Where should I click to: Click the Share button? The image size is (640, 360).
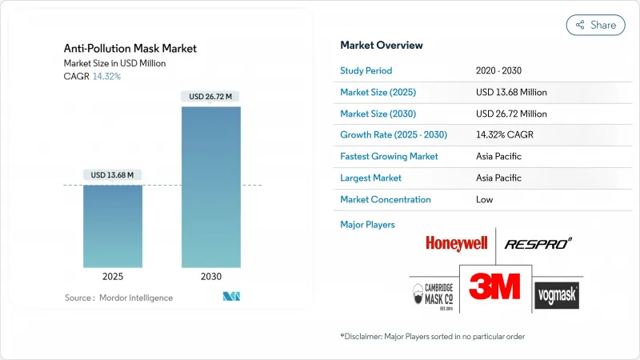point(595,25)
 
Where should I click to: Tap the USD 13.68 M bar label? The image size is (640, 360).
point(113,174)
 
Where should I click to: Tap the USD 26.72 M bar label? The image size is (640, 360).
point(210,97)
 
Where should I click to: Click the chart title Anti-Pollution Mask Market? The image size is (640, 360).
point(130,48)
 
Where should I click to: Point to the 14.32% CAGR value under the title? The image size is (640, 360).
point(106,76)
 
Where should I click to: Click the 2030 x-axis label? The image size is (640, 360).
point(210,276)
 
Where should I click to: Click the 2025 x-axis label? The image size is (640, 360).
point(113,276)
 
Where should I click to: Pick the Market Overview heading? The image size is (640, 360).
point(382,45)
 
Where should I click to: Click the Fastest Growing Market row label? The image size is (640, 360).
point(389,157)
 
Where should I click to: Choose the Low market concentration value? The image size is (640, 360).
point(485,199)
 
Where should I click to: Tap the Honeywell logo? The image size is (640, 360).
point(456,243)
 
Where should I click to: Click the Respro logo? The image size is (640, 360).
point(538,243)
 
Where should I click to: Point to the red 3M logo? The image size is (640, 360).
point(494,286)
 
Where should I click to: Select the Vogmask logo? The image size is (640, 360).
point(557,295)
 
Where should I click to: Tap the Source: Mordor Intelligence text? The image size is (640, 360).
point(118,298)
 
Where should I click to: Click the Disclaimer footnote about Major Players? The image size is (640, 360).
point(432,336)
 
